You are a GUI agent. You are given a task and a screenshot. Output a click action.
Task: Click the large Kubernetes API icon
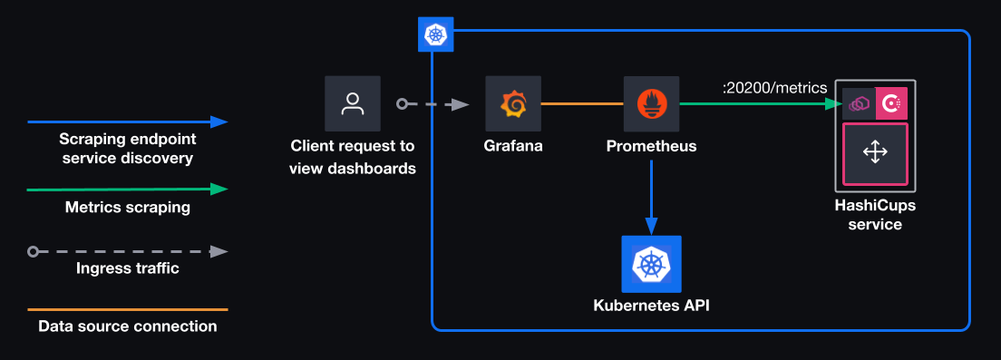click(650, 264)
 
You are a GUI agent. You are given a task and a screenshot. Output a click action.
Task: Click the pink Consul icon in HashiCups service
click(892, 104)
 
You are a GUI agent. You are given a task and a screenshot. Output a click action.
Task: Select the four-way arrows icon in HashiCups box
click(874, 152)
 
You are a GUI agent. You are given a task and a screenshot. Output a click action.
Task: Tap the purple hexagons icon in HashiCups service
click(858, 104)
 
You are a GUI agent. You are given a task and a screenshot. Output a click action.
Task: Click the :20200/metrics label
click(774, 88)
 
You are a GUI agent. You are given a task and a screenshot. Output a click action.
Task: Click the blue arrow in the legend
click(127, 121)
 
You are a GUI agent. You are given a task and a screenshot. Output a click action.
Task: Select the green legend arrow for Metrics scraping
click(127, 190)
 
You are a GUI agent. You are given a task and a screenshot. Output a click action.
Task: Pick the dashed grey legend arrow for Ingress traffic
click(127, 251)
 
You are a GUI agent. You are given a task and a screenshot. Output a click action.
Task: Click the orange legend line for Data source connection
click(127, 309)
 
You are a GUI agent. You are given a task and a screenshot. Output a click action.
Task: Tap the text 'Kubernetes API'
click(651, 306)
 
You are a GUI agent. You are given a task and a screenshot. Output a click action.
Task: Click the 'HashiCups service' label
click(874, 214)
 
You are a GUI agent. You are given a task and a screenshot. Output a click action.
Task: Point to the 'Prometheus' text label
click(651, 145)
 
